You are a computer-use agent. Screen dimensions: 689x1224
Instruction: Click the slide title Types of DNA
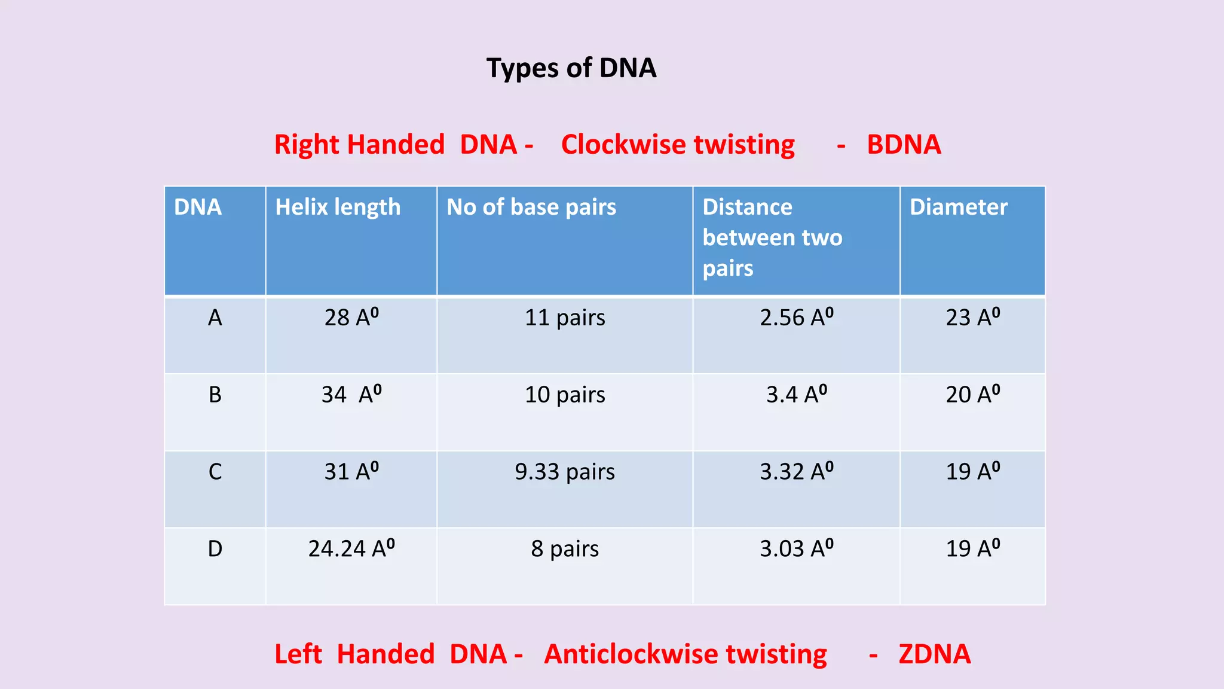coord(571,68)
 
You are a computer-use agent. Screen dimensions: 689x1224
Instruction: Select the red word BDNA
coord(903,145)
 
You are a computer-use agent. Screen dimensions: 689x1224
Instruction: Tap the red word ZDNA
coord(934,654)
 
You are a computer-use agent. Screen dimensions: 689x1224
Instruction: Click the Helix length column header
coord(338,208)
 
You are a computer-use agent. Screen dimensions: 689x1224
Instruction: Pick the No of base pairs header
coord(531,208)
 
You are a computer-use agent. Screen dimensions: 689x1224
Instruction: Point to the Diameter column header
coord(958,208)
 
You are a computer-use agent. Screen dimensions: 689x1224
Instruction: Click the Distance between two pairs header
coord(772,237)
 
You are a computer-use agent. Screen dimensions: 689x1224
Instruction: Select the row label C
coord(215,472)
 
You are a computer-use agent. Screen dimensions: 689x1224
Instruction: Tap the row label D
coord(215,549)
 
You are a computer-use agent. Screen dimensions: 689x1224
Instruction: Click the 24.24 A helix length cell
coord(351,549)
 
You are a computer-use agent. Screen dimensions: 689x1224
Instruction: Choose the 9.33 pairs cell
coord(564,472)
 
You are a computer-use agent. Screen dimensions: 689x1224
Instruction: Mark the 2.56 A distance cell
coord(796,318)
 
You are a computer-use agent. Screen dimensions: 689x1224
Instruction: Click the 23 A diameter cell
coord(972,318)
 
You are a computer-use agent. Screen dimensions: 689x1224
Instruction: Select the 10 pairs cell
coord(564,395)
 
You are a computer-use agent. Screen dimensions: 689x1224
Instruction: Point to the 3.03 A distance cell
coord(796,549)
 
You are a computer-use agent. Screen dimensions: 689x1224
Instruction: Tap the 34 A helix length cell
coord(351,395)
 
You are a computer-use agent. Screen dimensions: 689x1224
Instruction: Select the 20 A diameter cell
coord(972,395)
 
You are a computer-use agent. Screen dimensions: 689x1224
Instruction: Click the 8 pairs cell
coord(564,549)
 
